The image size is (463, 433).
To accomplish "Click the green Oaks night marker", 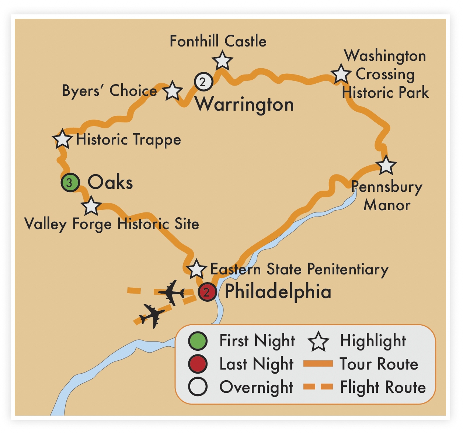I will coord(70,183).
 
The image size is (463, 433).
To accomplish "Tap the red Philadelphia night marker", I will coord(207,292).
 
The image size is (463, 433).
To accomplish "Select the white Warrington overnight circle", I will coord(203,82).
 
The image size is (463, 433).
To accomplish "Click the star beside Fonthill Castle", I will coord(222,61).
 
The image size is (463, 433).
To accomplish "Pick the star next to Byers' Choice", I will coord(173,91).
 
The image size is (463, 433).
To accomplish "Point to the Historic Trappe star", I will coord(62,139).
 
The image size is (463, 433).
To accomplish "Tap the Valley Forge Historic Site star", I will coord(91,206).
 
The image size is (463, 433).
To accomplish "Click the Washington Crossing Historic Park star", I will coord(341,74).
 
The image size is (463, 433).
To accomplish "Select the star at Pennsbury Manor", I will coord(386,165).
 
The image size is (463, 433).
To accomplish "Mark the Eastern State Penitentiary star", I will coord(196,269).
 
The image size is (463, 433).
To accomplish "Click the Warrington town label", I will coord(244,104).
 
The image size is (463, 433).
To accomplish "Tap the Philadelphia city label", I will coord(278,292).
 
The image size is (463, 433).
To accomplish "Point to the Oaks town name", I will coord(110,183).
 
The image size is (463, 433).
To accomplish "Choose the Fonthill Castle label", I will coord(218,41).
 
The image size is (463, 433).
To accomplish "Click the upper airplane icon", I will coord(171,292).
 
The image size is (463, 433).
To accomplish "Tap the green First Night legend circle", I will coord(198,341).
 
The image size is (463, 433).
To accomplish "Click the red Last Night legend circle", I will coord(198,364).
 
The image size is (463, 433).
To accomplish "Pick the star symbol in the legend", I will coord(318,342).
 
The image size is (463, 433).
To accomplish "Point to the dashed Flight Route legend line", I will coord(318,387).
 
